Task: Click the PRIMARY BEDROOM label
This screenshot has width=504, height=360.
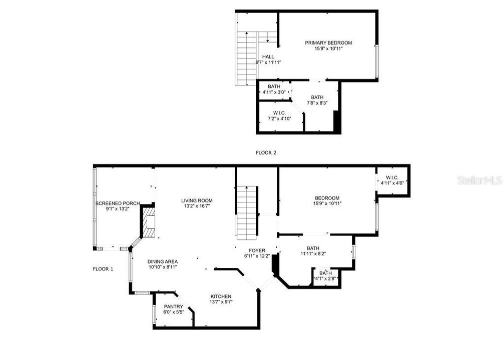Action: (x=328, y=43)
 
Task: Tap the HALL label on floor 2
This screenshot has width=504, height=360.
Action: (x=268, y=56)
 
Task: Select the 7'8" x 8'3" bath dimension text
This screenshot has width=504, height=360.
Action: (x=317, y=103)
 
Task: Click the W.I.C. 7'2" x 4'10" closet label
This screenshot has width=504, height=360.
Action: (x=279, y=112)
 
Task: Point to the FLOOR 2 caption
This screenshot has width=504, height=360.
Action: (x=265, y=153)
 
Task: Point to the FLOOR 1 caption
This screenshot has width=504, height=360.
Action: (x=103, y=269)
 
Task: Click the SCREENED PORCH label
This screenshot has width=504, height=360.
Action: (x=117, y=203)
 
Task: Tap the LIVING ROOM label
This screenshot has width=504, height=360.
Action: (x=197, y=200)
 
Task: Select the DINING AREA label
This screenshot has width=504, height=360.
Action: (x=162, y=261)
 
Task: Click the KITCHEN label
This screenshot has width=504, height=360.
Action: (x=221, y=296)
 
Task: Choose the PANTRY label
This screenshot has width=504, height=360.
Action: (x=173, y=306)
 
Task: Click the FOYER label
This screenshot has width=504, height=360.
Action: (x=257, y=250)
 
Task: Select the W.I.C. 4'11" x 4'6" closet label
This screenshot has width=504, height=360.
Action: (x=392, y=177)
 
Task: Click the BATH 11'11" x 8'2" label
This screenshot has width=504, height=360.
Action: (x=313, y=248)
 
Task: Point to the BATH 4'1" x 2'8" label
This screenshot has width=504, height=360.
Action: (x=325, y=273)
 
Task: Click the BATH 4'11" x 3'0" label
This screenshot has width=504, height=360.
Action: (x=273, y=86)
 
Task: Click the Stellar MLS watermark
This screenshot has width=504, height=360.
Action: (x=479, y=180)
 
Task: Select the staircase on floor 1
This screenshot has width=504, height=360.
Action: (x=247, y=211)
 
